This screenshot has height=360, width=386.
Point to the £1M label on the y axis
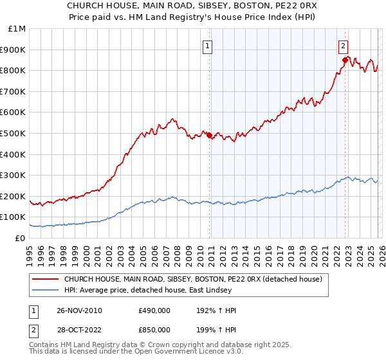[17, 28]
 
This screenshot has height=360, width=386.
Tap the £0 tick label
[21, 238]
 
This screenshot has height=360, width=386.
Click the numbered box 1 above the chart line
[208, 46]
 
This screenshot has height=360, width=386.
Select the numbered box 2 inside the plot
[344, 46]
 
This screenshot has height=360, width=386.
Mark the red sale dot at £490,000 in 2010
[210, 135]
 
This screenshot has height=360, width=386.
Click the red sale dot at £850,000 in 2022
[345, 60]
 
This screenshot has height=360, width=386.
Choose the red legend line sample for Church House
[45, 279]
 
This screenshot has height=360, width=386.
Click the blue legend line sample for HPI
[45, 291]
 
